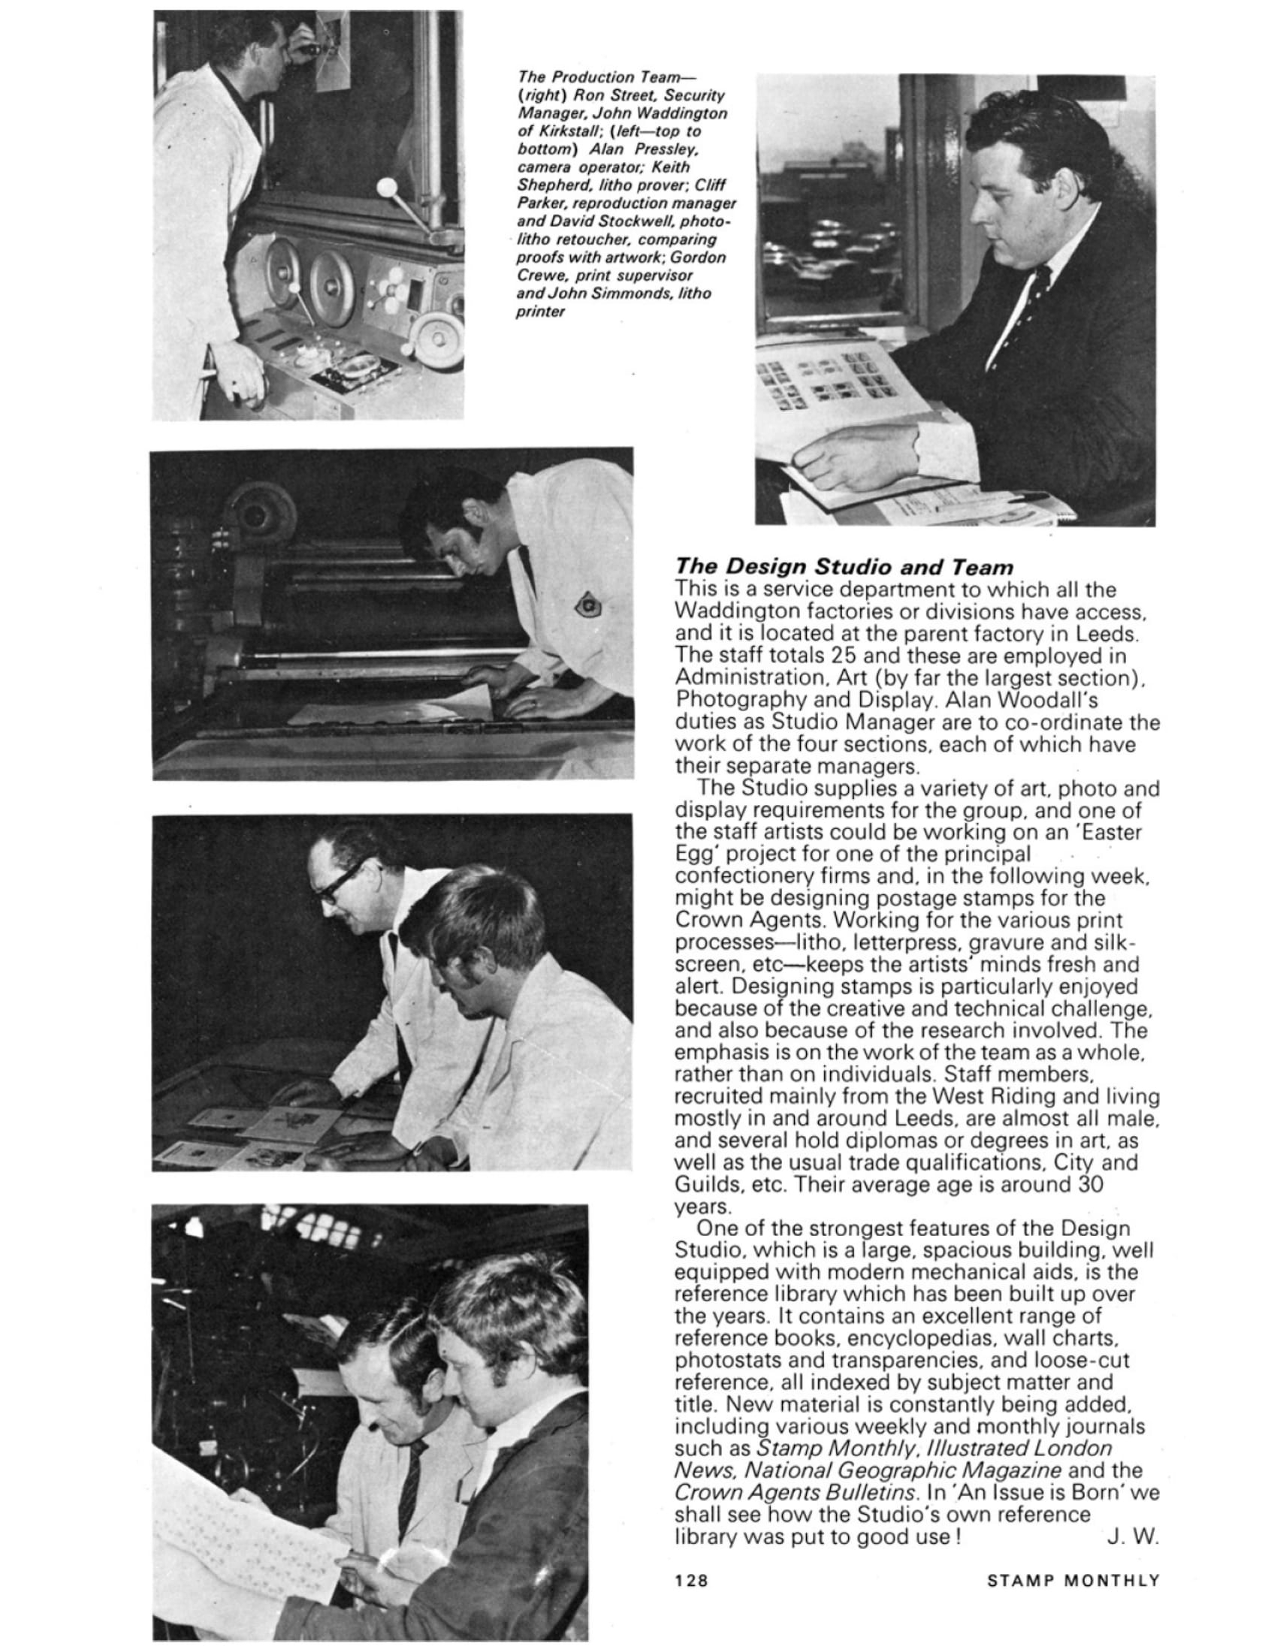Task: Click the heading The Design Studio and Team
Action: tap(844, 565)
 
